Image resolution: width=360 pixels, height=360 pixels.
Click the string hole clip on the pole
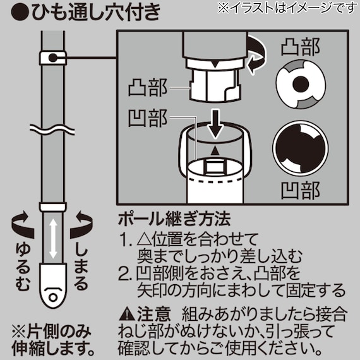tap(53, 59)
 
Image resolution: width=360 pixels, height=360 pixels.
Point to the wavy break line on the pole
tap(53, 129)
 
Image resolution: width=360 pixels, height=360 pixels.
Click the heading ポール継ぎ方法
tap(174, 221)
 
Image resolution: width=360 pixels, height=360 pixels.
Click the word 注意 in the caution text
tap(152, 313)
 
